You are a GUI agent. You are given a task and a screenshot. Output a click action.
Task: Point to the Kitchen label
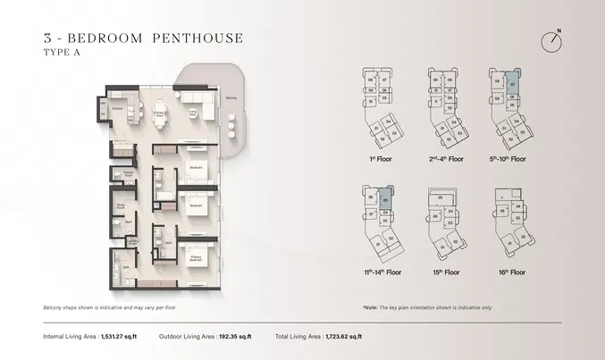point(116,111)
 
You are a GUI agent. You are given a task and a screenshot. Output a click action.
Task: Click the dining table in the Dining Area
point(161,113)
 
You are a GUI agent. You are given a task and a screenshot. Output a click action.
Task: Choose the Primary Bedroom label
point(196,259)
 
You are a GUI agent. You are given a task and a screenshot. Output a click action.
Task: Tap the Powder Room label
point(128,176)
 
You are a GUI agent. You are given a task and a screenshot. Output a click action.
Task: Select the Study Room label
point(121,206)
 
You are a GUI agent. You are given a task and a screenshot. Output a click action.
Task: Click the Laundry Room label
point(132,241)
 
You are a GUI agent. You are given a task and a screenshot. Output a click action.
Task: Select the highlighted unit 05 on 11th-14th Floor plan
point(385,202)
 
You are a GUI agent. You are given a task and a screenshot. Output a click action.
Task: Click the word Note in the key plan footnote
point(371,306)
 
